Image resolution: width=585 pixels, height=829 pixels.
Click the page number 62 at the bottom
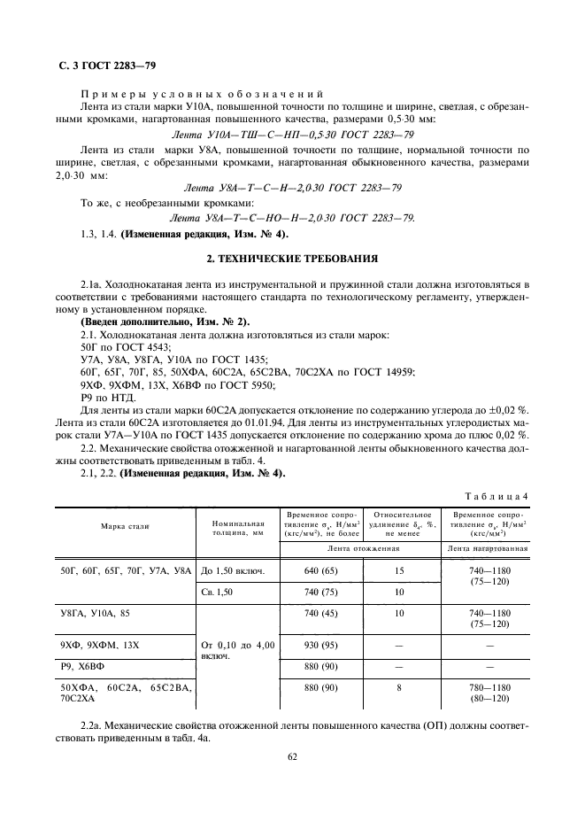coord(292,757)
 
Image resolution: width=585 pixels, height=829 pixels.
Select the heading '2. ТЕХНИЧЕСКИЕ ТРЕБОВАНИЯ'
coord(292,259)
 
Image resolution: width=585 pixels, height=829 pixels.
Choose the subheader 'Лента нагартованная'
coord(489,548)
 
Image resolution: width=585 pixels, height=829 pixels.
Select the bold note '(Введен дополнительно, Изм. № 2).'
coord(165,321)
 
